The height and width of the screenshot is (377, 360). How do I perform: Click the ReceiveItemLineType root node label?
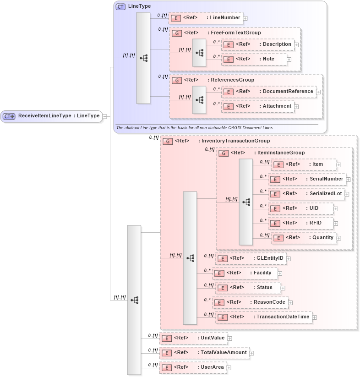(59, 116)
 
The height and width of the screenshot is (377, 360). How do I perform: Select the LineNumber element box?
(206, 18)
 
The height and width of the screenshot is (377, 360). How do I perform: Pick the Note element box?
(254, 59)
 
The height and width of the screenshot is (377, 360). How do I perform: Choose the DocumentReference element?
(268, 92)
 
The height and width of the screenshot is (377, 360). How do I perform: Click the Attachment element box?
(257, 106)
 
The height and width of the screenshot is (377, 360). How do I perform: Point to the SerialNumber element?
(306, 179)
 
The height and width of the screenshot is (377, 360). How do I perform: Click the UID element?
(300, 208)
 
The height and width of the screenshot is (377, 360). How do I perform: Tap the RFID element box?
(300, 223)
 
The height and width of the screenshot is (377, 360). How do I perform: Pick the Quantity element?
(304, 238)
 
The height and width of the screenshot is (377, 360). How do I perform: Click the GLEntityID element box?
(251, 258)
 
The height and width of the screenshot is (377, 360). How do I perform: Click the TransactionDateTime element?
(263, 317)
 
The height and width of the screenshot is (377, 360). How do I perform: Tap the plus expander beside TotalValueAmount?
(251, 353)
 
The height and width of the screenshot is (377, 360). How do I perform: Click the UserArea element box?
(193, 367)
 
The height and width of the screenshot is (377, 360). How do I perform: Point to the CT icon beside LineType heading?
(120, 6)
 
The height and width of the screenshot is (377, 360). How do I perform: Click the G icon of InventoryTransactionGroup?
(168, 141)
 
